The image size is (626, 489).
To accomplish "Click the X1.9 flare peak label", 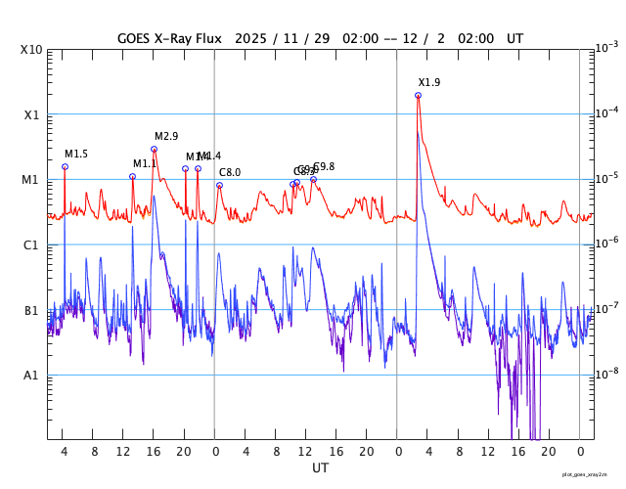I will (429, 83).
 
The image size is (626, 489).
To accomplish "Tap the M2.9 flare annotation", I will (166, 137).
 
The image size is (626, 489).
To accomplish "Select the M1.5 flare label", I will (76, 155).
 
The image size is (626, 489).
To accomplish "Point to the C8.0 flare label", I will (230, 173).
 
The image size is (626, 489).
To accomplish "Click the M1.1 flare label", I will (145, 164).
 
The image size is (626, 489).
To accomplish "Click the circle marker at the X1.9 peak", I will (418, 95).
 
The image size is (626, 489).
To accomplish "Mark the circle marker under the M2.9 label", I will (154, 150).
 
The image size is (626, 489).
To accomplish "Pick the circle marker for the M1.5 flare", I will (65, 166).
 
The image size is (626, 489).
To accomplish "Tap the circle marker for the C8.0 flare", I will (219, 185).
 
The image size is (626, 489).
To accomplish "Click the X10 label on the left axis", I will (32, 50).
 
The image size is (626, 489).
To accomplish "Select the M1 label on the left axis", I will (32, 180).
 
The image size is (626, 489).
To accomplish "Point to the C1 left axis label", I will (32, 245).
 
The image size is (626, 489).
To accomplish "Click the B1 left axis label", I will (32, 311).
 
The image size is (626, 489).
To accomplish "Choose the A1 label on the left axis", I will (32, 376).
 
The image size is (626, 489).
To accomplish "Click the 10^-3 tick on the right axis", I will (606, 47).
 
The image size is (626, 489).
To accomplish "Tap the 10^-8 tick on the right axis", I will (606, 373).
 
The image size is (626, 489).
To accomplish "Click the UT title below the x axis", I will (320, 468).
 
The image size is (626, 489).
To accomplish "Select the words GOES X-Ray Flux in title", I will (170, 38).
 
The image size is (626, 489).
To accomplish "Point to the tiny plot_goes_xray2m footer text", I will (592, 474).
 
